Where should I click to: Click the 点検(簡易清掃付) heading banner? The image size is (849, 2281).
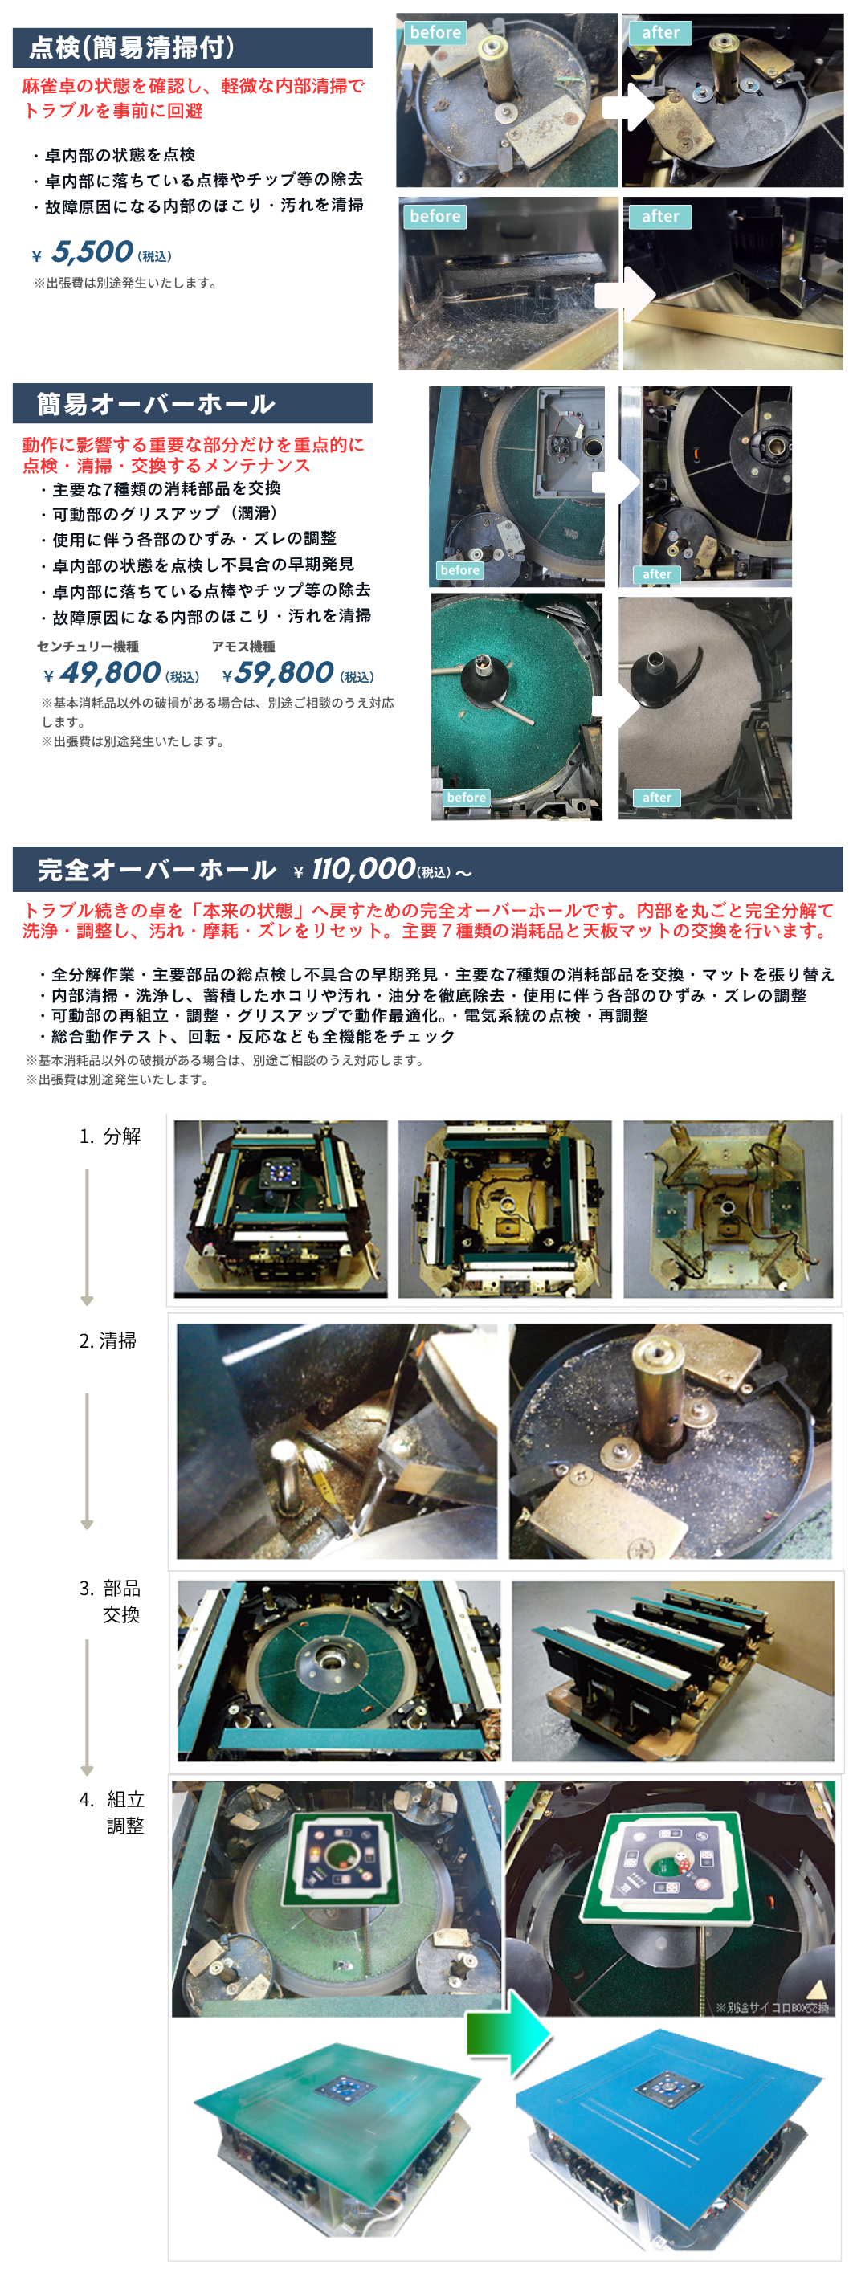coord(192,48)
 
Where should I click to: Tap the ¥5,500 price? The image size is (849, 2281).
coord(102,253)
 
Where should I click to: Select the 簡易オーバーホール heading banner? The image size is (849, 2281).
coord(192,404)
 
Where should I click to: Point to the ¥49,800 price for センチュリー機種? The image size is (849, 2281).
coord(120,674)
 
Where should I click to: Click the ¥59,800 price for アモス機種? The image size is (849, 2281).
coord(298,674)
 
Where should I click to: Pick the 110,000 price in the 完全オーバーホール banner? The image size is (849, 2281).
coord(363,869)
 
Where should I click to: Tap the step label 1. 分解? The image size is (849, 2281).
coord(110,1136)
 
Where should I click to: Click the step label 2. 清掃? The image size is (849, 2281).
coord(108,1340)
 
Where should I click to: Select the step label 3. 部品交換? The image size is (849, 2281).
coord(111,1601)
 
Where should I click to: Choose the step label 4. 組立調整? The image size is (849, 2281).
coord(112,1812)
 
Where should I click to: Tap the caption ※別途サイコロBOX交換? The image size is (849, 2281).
coord(772,2007)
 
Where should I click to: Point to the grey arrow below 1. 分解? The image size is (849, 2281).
coord(87,1237)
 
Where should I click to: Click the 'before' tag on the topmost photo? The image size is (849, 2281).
coord(435,33)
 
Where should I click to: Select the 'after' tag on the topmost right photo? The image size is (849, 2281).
coord(660,33)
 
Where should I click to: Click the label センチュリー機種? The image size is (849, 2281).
coord(88,647)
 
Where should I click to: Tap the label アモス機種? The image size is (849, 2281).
coord(243,647)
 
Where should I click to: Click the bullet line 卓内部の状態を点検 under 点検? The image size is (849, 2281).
coord(113,155)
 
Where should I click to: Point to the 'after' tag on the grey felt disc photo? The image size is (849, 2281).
coord(657,798)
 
